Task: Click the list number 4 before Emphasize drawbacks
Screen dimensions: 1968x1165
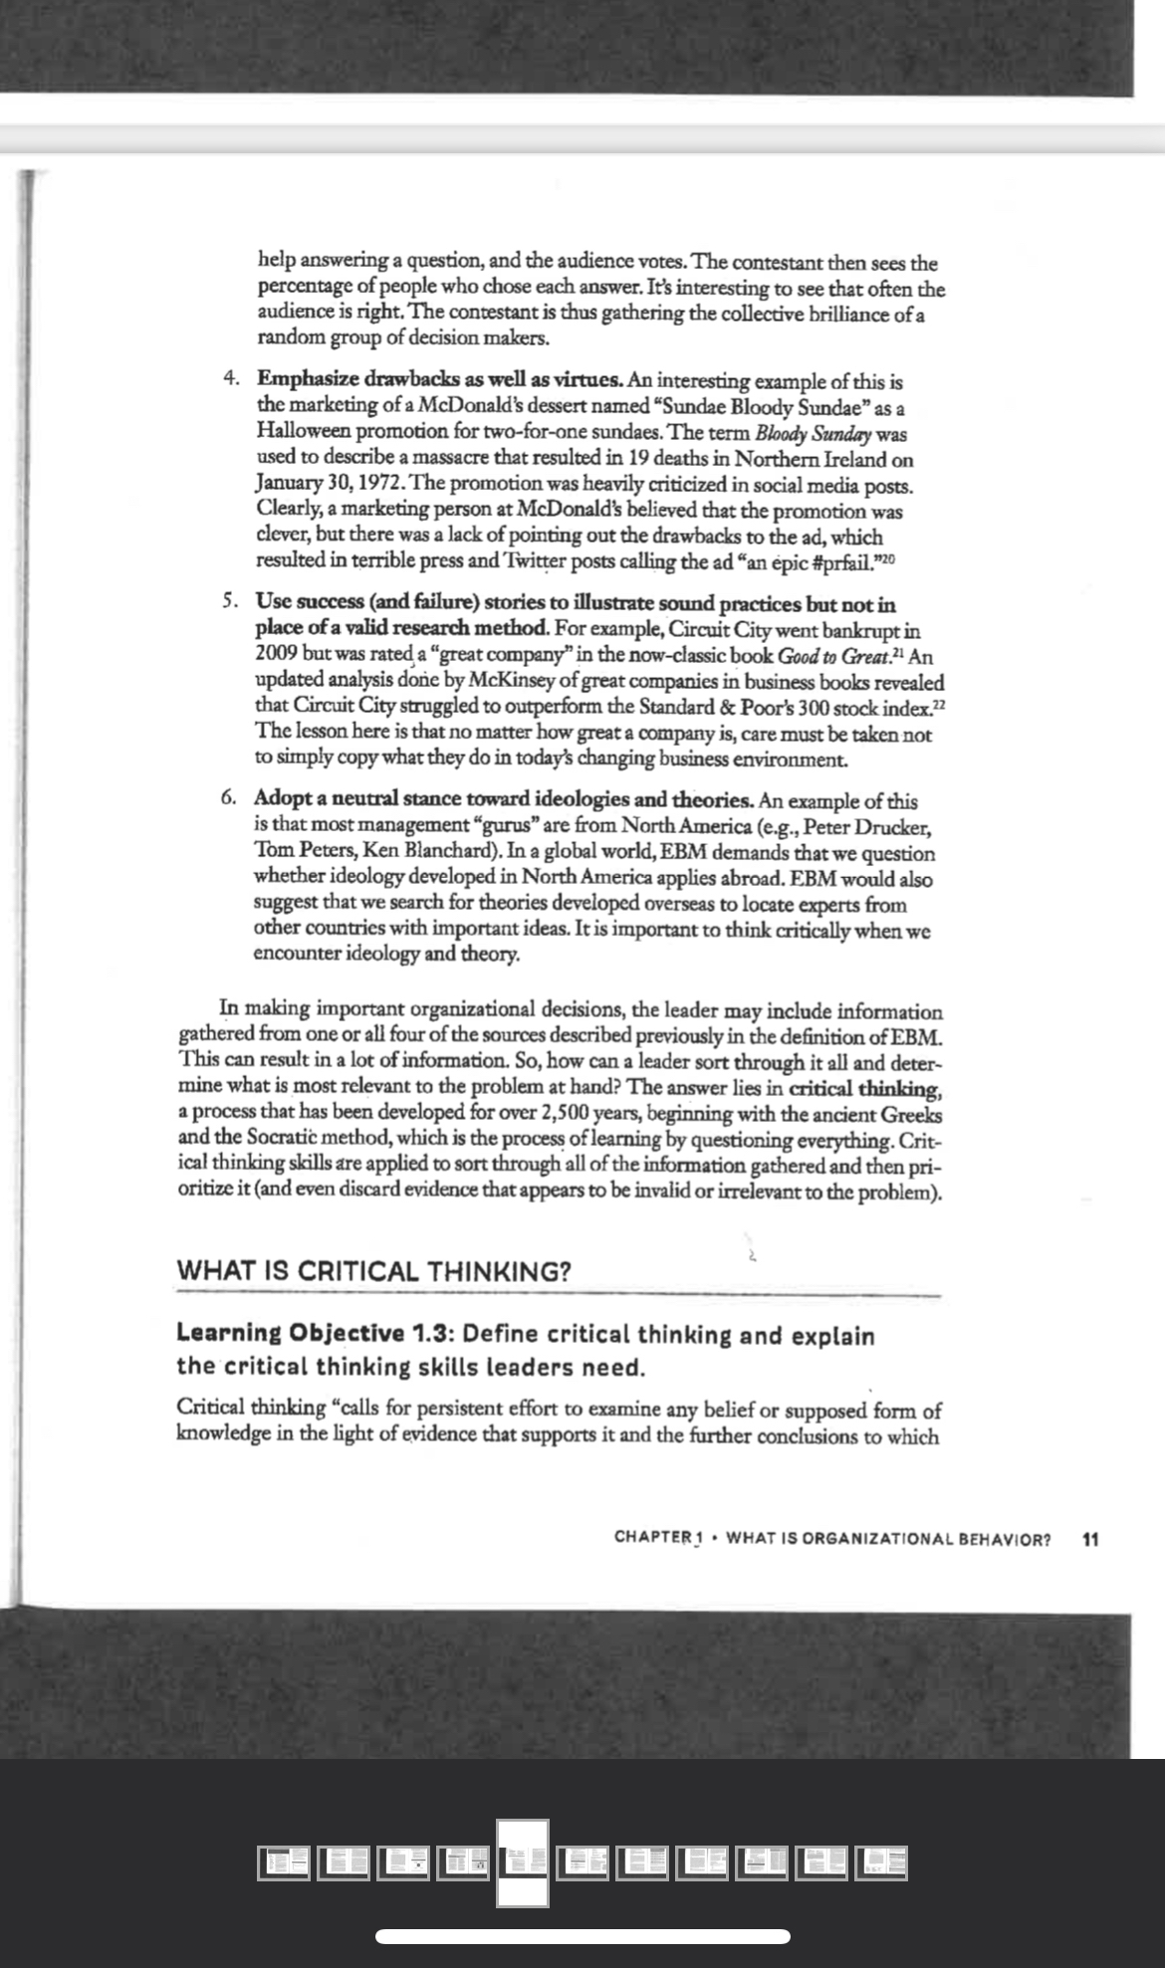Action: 230,380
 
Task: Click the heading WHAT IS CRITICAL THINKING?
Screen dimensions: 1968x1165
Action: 373,1271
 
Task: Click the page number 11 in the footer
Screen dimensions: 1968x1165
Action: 1090,1539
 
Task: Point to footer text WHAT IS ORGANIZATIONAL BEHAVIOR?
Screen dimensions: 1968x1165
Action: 888,1539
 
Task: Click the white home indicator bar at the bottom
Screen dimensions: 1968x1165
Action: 582,1936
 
